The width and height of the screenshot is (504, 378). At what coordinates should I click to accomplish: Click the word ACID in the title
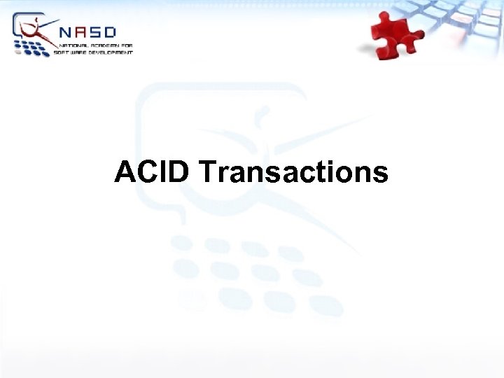(151, 171)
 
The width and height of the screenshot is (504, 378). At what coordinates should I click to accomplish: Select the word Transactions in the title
(293, 171)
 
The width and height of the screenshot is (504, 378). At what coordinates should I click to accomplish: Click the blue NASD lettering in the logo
(89, 32)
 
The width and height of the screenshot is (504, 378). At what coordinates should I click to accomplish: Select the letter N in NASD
(67, 32)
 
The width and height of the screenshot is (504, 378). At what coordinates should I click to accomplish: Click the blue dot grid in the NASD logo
(32, 48)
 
